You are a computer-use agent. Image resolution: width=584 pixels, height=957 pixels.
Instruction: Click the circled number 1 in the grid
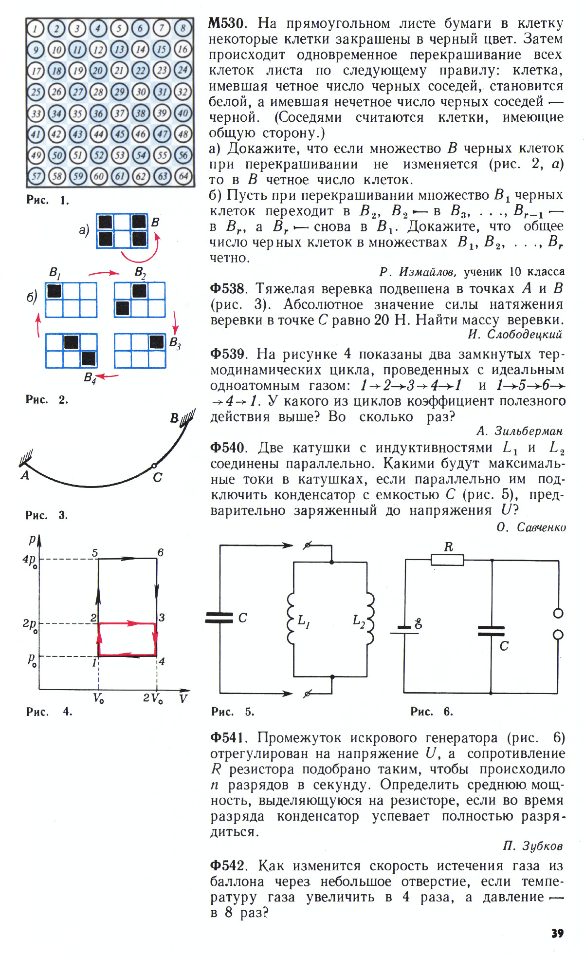(36, 29)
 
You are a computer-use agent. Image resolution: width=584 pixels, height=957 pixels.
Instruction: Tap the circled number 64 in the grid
(183, 176)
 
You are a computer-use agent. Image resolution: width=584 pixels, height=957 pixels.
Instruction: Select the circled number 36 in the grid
(99, 113)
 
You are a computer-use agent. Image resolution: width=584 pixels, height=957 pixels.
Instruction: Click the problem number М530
(227, 23)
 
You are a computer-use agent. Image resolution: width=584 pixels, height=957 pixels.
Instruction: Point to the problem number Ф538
(227, 288)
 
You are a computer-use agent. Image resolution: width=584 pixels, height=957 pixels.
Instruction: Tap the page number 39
(557, 933)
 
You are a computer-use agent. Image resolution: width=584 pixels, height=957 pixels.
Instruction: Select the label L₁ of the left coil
(304, 620)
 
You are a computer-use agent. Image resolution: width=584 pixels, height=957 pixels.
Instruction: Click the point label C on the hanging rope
(157, 477)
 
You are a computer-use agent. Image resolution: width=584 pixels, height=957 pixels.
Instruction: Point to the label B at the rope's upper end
(174, 418)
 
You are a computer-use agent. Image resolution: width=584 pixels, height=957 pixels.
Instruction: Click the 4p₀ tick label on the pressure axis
(30, 560)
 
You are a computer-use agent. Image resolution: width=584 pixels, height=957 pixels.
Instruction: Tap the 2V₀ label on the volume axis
(153, 698)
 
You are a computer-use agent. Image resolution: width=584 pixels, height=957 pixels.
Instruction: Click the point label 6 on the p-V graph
(160, 552)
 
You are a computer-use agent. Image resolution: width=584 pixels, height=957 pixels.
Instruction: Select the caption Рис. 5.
(233, 712)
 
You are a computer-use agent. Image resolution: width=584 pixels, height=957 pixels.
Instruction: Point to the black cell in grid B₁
(54, 291)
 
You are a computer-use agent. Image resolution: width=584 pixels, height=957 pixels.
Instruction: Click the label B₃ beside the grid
(175, 343)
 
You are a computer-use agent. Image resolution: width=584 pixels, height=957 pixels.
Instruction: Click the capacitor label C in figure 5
(242, 618)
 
